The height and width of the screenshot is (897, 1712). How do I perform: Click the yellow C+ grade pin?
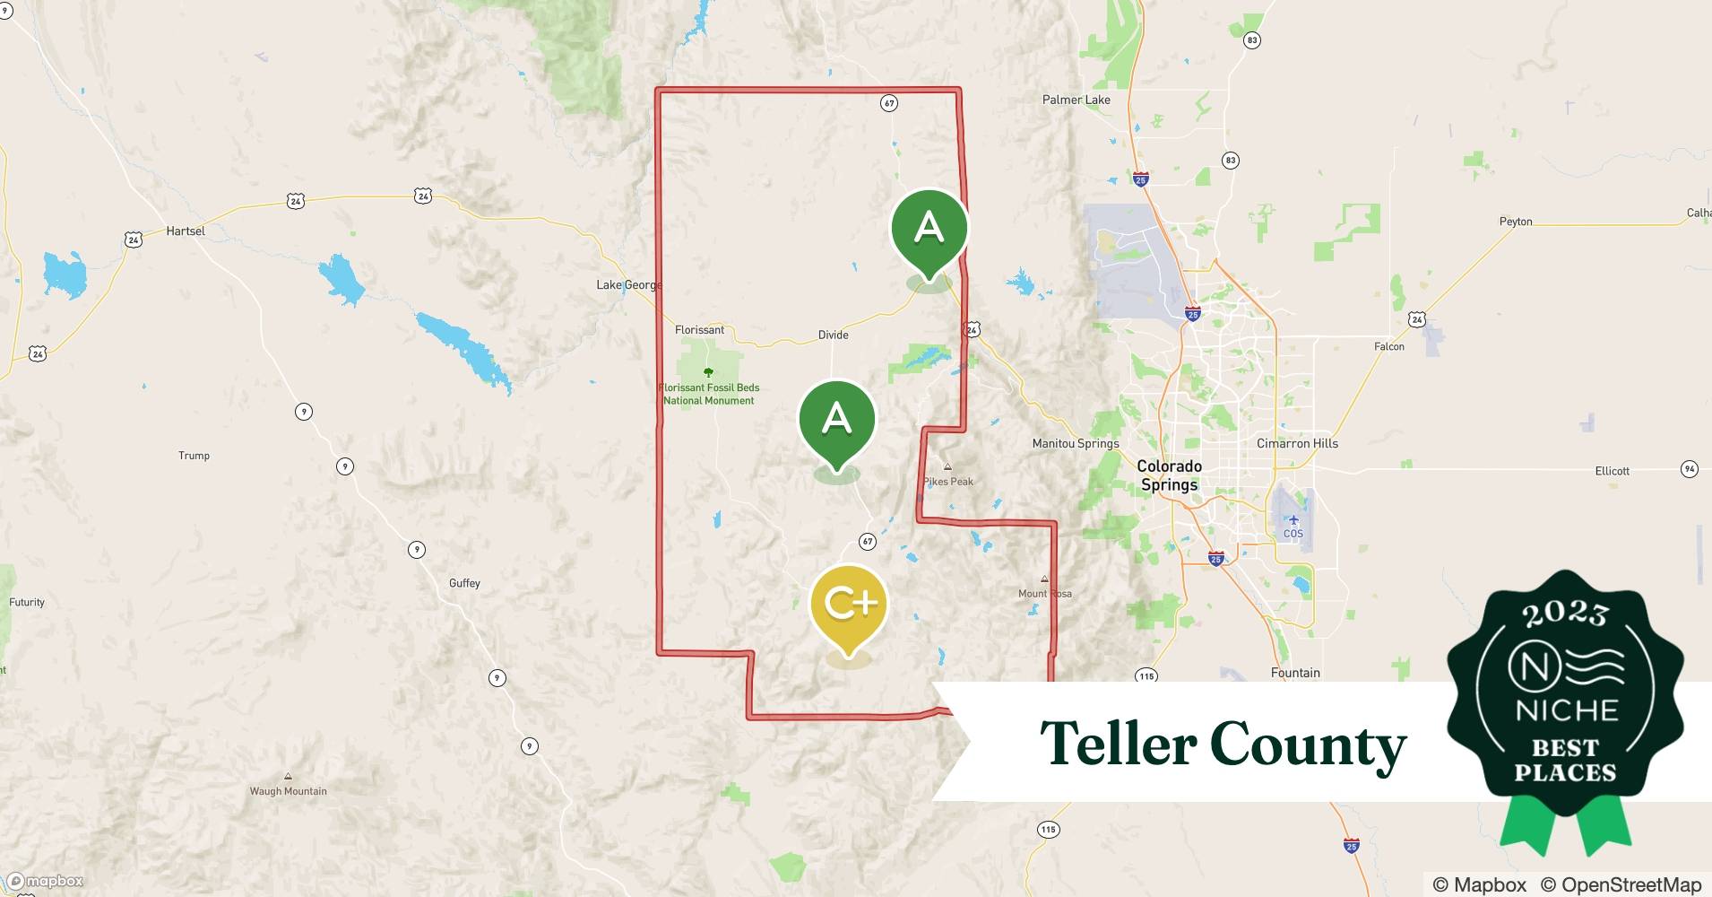tap(848, 605)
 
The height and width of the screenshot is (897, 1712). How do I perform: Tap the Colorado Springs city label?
tap(1169, 475)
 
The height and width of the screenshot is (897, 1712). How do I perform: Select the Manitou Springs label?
tap(1075, 443)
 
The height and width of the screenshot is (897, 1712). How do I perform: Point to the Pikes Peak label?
tap(948, 482)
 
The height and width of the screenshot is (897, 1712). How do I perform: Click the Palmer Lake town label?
tap(1076, 100)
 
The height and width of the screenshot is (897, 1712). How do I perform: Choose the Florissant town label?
tap(699, 330)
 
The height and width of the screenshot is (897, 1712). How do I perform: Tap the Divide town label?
tap(833, 335)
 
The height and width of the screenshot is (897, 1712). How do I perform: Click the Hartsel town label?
tap(186, 231)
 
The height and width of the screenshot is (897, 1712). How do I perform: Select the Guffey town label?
tap(464, 583)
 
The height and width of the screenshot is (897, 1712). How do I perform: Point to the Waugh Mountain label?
tap(288, 791)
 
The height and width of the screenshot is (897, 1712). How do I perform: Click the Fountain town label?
tap(1295, 673)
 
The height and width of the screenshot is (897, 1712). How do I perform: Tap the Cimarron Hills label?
tap(1297, 443)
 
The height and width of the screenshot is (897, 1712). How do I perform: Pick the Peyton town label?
tap(1516, 222)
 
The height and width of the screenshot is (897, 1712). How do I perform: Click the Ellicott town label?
tap(1612, 471)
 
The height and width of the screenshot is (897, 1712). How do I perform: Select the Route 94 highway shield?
tap(1689, 469)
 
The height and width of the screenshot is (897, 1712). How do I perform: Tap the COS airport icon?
tap(1293, 520)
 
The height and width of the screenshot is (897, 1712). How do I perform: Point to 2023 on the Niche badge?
tap(1565, 614)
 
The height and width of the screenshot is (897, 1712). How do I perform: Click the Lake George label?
tap(628, 285)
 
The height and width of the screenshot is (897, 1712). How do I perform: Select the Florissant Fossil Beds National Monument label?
tap(708, 394)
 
